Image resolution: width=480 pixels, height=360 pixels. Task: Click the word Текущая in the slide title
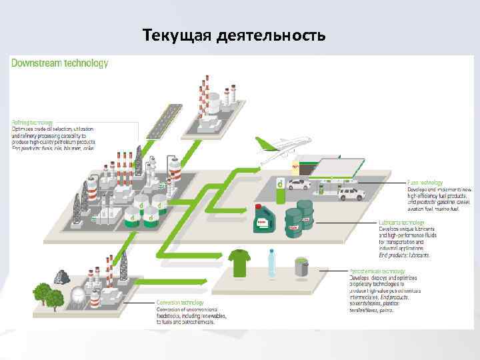coord(177,35)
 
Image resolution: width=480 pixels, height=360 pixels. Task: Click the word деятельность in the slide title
coord(271,35)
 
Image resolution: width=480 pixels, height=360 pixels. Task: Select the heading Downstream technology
coord(59,63)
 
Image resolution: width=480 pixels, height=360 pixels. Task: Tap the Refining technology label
coord(31,123)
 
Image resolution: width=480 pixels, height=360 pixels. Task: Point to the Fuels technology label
coord(425,182)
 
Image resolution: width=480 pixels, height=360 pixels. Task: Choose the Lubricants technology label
coord(401,223)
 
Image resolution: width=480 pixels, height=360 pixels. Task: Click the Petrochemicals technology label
coord(377,271)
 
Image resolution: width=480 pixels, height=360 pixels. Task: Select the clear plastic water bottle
coord(271,263)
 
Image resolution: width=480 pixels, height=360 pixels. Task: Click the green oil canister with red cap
coord(262,219)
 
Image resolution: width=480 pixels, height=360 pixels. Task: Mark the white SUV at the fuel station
coord(350,193)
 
